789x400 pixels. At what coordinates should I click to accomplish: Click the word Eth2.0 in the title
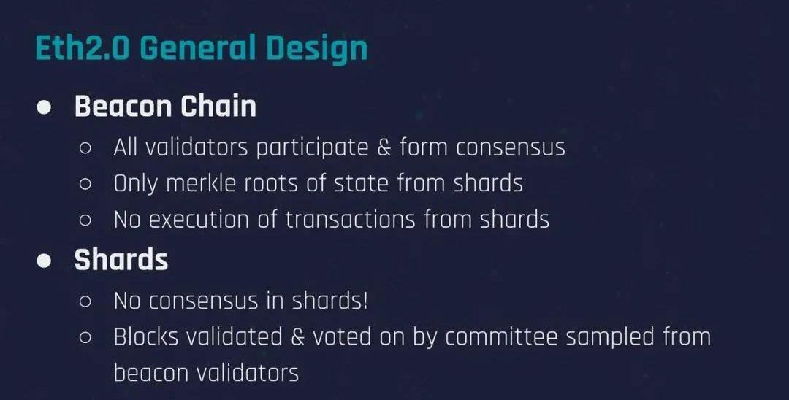83,48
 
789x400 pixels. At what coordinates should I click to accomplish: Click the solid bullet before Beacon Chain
45,107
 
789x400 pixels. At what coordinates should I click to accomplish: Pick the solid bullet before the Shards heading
45,261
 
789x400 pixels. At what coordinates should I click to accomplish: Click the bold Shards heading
121,260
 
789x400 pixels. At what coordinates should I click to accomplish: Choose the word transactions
350,220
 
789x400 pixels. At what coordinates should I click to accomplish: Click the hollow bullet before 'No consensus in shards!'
85,301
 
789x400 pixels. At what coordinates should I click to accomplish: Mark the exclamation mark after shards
365,301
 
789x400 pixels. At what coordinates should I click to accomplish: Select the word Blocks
146,336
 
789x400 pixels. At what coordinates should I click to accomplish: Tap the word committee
501,336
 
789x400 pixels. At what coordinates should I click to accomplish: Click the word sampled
610,338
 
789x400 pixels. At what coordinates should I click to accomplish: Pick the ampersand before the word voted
298,337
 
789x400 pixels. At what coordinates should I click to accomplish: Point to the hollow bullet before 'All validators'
85,148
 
